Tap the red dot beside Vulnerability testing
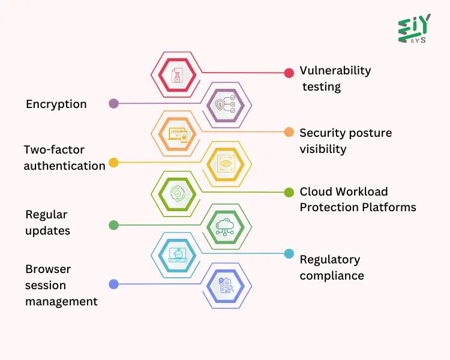289,73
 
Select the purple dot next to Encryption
113,103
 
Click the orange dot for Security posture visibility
289,132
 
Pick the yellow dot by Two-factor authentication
113,162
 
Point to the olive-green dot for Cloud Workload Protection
289,192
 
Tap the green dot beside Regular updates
113,225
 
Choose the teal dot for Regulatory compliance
289,254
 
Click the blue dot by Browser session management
113,284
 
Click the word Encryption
56,104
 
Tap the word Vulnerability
335,70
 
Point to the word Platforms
388,208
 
